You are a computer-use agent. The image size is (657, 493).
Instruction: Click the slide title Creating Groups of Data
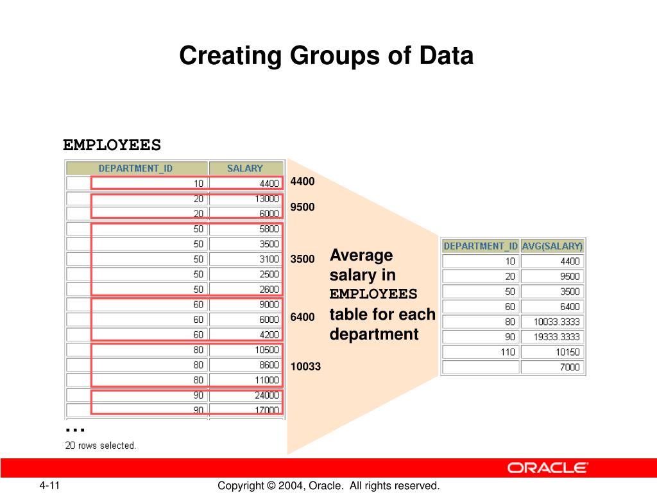326,56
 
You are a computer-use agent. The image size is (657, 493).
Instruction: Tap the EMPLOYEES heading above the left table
112,145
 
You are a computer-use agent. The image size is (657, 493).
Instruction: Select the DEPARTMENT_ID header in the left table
136,168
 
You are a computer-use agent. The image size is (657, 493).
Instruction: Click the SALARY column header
245,168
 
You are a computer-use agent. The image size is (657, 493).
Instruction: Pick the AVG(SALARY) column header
552,246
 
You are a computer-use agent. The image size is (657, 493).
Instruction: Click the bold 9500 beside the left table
302,207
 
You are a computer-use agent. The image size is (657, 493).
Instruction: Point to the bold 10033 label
305,367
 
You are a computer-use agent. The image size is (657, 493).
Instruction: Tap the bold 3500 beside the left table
302,259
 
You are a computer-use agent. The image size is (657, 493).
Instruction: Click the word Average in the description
361,255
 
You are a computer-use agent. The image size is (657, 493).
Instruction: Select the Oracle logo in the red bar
547,468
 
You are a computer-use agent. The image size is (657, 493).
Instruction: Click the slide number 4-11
48,486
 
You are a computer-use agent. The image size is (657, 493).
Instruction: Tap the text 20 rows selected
101,445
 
